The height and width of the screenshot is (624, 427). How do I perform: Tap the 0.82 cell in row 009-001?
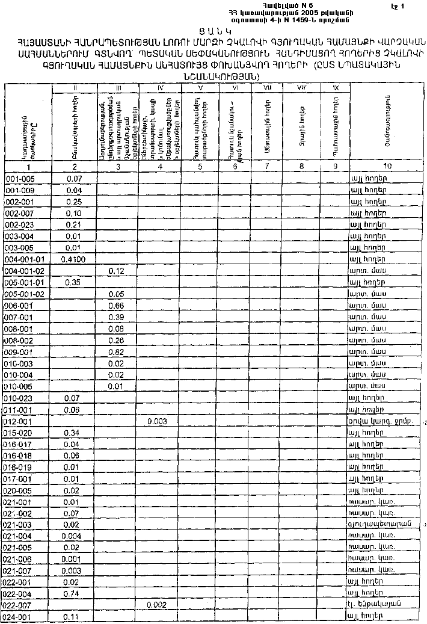tap(117, 352)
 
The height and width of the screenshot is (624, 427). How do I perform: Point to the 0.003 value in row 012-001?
tap(158, 421)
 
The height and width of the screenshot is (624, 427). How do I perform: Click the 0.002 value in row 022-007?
tap(158, 604)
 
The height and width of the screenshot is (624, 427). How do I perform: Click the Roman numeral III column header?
tap(118, 88)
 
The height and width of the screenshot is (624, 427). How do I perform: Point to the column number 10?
tap(387, 165)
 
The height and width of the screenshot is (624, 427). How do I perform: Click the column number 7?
tap(267, 165)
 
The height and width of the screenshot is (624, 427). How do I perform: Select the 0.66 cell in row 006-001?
tap(117, 306)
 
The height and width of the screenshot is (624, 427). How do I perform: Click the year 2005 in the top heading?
tap(309, 12)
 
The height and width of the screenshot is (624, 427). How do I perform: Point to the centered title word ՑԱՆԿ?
tap(212, 31)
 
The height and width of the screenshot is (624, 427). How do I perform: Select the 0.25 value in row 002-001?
tap(74, 202)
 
